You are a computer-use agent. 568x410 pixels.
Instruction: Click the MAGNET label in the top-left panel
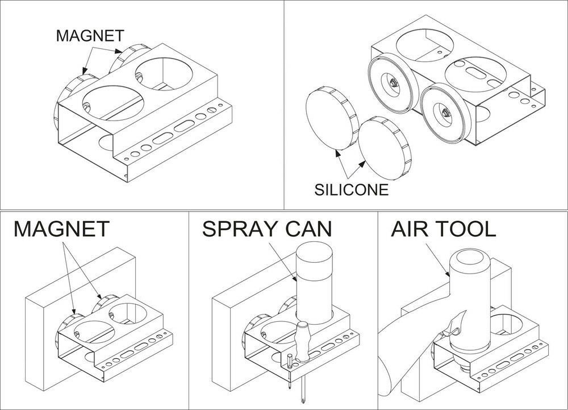click(90, 35)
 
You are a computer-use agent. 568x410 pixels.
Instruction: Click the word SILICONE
click(352, 189)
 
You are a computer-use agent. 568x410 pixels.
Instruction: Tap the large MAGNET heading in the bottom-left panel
click(61, 229)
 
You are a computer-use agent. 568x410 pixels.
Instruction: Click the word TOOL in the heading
click(467, 229)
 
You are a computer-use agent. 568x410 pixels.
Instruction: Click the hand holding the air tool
click(449, 336)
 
